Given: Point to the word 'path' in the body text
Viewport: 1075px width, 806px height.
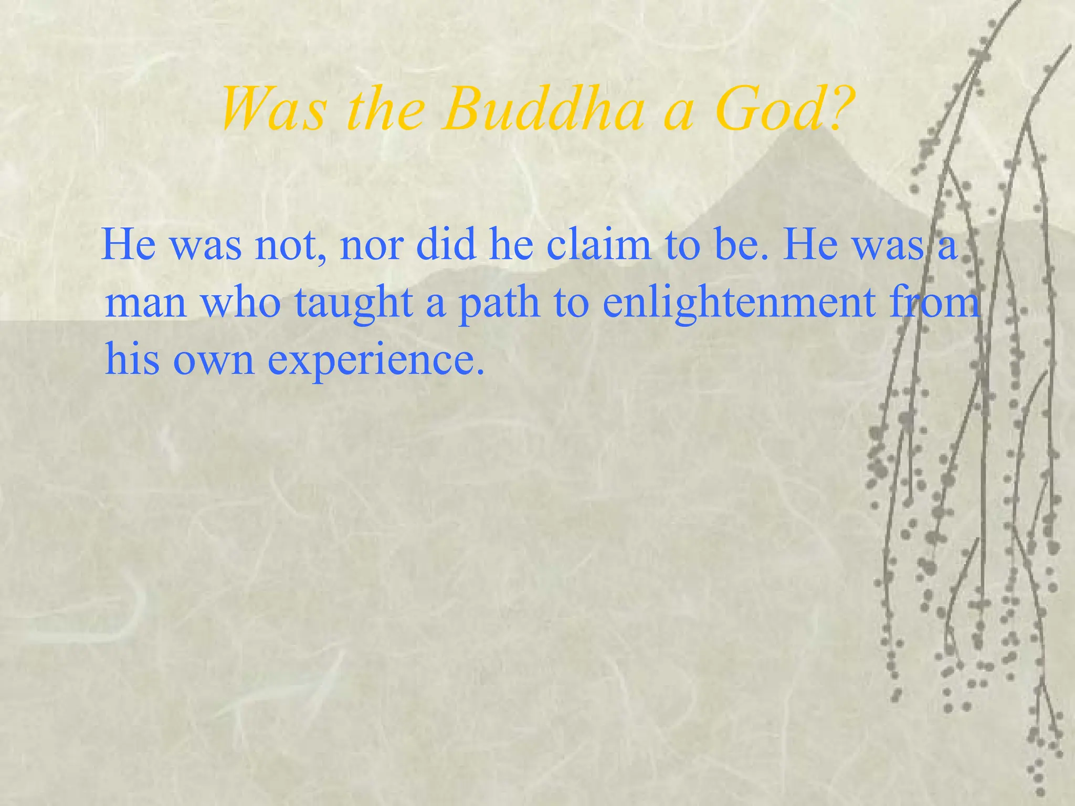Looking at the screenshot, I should click(x=499, y=304).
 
